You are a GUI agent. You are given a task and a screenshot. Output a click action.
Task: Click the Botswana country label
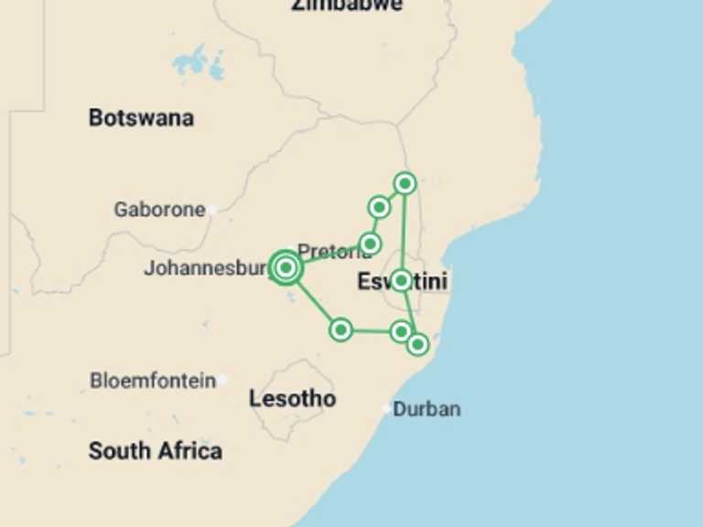coord(141,118)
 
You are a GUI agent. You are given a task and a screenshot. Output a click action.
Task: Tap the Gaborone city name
coord(159,210)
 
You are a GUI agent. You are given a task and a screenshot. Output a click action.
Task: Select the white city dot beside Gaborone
coord(212,210)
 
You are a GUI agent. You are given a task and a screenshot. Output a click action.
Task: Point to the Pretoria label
coord(333,251)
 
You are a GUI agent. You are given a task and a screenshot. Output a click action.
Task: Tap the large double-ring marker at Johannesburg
coord(286,268)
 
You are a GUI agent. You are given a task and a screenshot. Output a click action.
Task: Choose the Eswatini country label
coord(404,283)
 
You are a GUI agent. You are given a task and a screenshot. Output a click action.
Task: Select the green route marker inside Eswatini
coord(401,280)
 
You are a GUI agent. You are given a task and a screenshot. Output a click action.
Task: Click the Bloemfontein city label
coord(153,381)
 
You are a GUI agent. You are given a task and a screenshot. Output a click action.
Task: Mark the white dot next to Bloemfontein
coord(222,380)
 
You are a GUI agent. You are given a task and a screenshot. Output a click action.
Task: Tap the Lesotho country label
coord(292,399)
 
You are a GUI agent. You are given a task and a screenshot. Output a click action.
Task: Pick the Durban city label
coord(427,409)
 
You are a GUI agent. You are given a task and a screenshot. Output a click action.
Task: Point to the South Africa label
coord(155,450)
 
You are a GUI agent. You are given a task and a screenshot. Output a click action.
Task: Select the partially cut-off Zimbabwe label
coord(347,5)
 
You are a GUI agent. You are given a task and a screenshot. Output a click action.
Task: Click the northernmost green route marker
coord(405,184)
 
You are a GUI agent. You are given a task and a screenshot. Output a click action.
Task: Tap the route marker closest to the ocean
coord(417,344)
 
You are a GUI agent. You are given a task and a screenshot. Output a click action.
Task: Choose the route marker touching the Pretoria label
coord(370,243)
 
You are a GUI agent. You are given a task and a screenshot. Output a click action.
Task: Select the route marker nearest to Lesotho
coord(341,329)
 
